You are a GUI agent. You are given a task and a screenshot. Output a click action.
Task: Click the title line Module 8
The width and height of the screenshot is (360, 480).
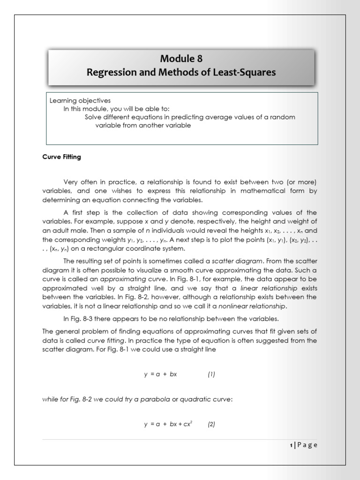pos(182,59)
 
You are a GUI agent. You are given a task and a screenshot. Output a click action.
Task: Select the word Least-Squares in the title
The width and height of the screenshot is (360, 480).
pos(250,72)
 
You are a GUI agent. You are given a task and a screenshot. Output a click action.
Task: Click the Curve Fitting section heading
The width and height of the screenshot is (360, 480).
pos(61,157)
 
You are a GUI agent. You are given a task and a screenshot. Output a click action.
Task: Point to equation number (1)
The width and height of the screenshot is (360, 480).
pos(211,374)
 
